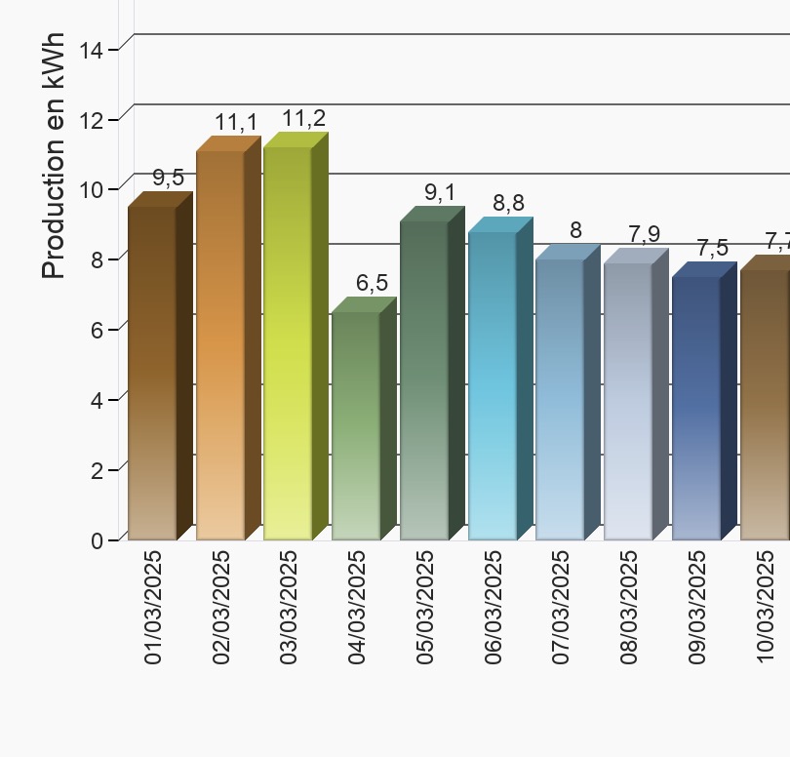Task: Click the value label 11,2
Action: click(x=303, y=119)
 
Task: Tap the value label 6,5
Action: click(x=372, y=284)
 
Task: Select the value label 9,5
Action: click(x=168, y=178)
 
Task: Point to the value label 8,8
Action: click(x=508, y=203)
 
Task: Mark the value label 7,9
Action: click(x=644, y=234)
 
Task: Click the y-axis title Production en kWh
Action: click(x=55, y=156)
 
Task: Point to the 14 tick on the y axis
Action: click(x=92, y=48)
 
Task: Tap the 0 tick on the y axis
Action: click(x=98, y=540)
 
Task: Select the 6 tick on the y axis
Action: click(x=98, y=329)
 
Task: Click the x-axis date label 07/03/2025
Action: click(x=561, y=607)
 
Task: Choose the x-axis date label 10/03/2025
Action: click(x=765, y=607)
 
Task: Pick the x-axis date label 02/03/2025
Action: click(x=221, y=607)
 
